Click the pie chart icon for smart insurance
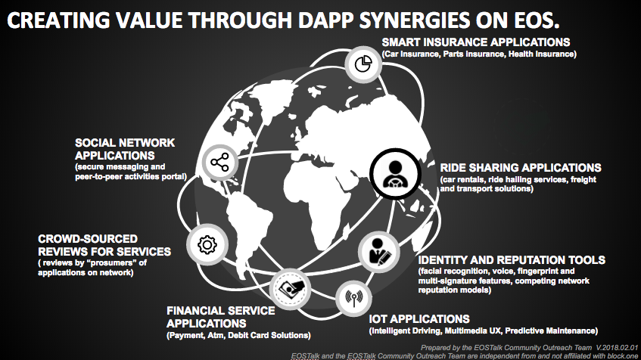point(363,64)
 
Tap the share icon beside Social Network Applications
point(220,163)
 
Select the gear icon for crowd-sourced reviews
point(207,245)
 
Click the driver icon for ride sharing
point(395,174)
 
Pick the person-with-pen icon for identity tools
point(378,252)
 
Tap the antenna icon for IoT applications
point(353,298)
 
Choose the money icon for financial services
point(290,288)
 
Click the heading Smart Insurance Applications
point(476,42)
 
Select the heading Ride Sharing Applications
point(521,168)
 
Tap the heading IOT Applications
point(419,318)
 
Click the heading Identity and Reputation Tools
point(512,260)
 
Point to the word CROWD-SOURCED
point(88,239)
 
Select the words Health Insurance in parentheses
point(542,54)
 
